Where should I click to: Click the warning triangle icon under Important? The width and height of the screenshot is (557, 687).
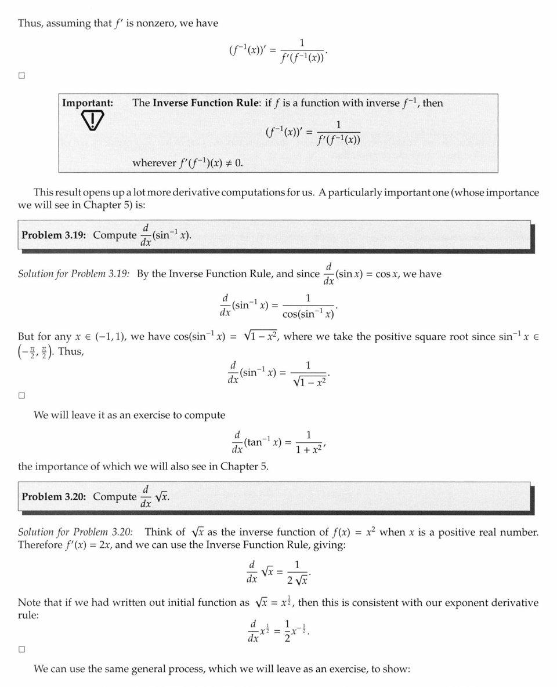point(89,121)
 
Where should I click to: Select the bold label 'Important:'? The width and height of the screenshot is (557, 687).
point(88,103)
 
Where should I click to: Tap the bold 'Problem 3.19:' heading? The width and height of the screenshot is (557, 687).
point(55,235)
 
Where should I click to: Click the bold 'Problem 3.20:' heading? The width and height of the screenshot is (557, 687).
point(55,497)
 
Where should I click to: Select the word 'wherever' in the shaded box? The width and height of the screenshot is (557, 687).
point(153,163)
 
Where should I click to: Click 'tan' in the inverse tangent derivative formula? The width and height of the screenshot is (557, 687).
point(254,442)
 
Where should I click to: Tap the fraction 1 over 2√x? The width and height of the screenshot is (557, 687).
point(297,572)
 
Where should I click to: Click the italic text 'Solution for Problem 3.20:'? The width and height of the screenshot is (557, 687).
point(75,532)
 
